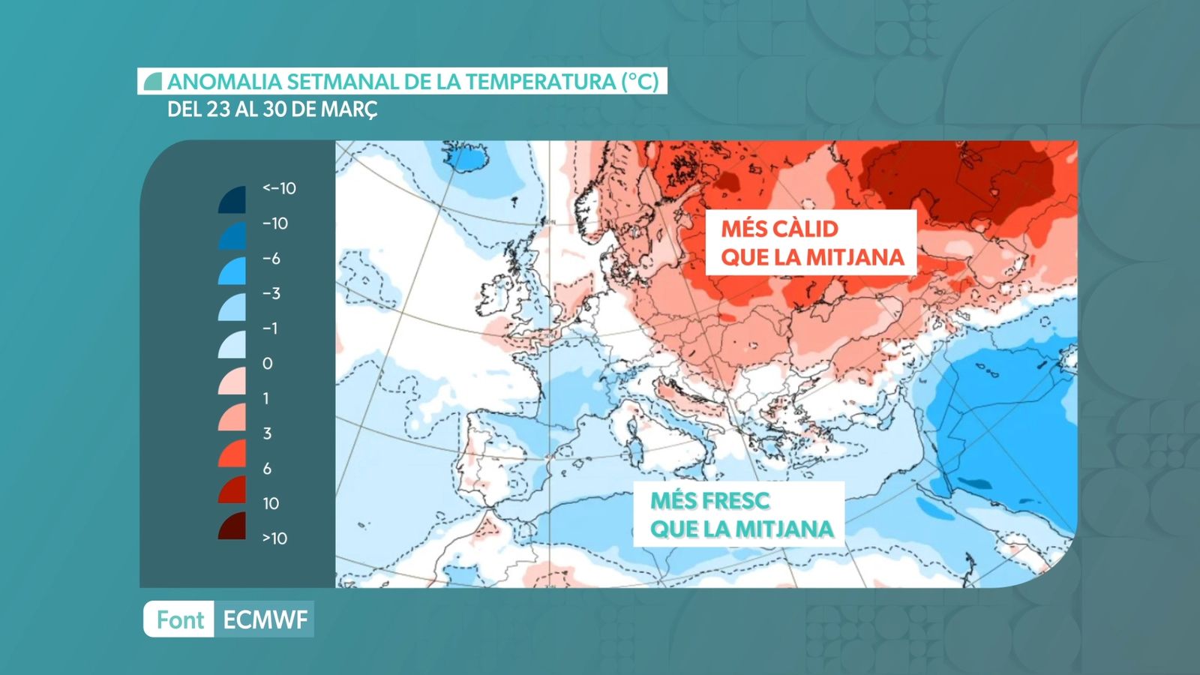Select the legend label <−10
[x=279, y=188]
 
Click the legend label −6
[x=271, y=259]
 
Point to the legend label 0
[x=268, y=364]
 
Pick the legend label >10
[x=274, y=538]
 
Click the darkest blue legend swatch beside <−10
[x=233, y=200]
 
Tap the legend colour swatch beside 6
[x=233, y=454]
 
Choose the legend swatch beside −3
[x=233, y=307]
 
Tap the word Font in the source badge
[x=180, y=619]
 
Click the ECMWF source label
[x=265, y=619]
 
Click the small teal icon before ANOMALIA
[x=153, y=82]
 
